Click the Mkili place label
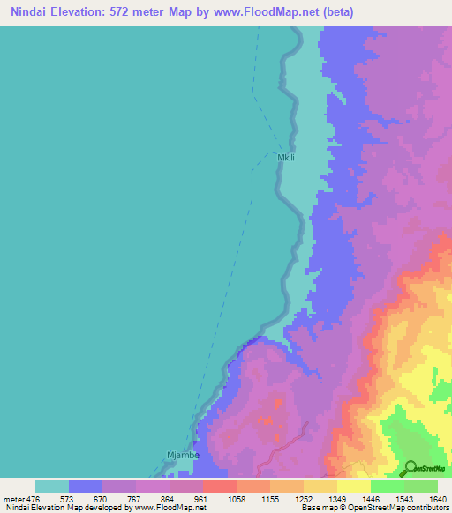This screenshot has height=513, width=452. click(286, 158)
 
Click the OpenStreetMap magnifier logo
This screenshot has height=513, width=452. click(411, 467)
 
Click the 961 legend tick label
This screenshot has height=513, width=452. click(202, 498)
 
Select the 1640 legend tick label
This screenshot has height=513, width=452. click(438, 498)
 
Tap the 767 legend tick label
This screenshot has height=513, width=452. click(135, 498)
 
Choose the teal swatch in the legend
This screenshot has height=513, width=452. click(52, 486)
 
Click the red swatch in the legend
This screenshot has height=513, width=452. click(219, 486)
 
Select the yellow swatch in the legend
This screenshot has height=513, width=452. click(353, 486)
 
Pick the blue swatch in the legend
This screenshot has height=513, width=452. click(86, 486)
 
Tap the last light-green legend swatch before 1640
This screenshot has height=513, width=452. click(420, 486)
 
